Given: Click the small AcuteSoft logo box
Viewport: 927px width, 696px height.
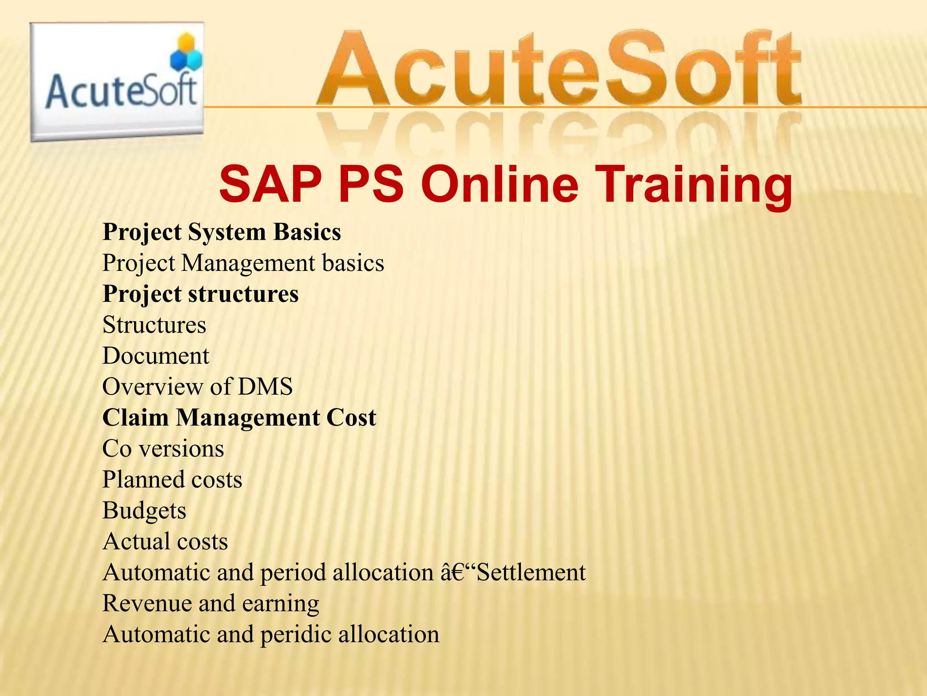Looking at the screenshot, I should click(x=117, y=82).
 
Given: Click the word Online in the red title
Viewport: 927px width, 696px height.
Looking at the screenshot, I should click(x=500, y=184).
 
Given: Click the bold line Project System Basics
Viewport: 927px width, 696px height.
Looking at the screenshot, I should click(x=222, y=232).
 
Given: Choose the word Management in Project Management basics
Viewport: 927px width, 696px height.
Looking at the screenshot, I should click(x=248, y=263).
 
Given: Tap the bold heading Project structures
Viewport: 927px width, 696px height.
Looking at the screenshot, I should click(x=201, y=294).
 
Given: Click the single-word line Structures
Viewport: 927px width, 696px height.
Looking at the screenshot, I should click(x=154, y=325).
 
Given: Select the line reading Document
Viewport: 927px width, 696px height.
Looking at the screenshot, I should click(x=156, y=356).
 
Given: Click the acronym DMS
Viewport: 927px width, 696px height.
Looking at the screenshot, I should click(x=265, y=387).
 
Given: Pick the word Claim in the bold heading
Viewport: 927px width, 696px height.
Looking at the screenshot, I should click(x=136, y=417).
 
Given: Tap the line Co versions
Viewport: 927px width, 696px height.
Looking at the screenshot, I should click(x=163, y=449).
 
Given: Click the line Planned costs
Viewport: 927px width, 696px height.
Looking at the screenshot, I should click(x=172, y=479).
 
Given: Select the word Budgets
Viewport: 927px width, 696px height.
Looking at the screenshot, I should click(x=144, y=511).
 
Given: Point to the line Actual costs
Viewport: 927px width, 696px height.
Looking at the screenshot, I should click(x=165, y=541).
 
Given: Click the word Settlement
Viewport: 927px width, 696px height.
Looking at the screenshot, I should click(x=531, y=572).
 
